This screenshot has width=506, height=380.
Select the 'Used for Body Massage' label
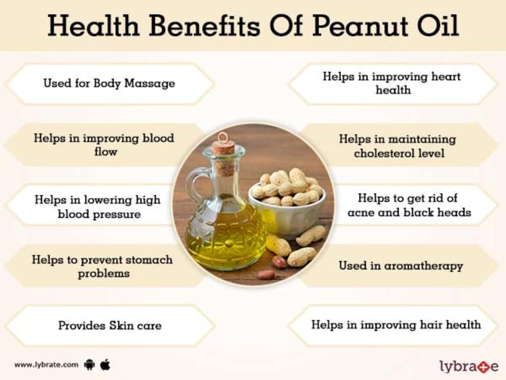click(110, 83)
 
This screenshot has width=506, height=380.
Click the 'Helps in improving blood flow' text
click(104, 145)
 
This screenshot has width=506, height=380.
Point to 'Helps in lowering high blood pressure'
click(98, 207)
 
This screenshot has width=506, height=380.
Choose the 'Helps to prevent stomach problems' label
click(102, 266)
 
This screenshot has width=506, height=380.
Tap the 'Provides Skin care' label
click(110, 325)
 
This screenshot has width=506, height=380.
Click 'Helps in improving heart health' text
click(392, 83)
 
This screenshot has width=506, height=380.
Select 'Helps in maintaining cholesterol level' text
click(398, 146)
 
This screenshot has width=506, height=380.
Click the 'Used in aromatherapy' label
click(401, 266)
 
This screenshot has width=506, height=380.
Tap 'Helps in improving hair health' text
click(396, 325)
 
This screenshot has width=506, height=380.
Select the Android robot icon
click(89, 365)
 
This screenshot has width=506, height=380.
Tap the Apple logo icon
click(105, 365)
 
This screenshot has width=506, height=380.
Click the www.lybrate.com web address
click(46, 365)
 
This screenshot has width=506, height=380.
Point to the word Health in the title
click(93, 26)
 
